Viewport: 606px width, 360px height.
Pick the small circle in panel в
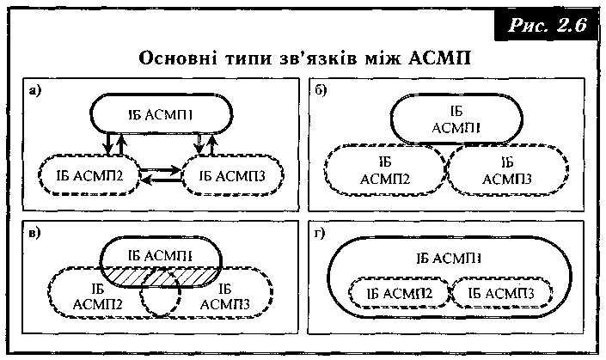pos(159,296)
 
